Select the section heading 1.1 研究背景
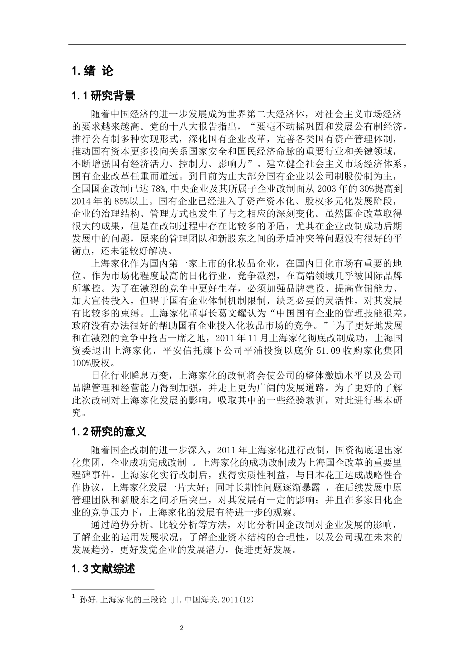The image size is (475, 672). (x=104, y=96)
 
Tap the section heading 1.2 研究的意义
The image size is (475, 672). (x=109, y=431)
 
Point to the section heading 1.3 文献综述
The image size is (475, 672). (x=104, y=569)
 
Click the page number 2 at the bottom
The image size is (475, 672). (x=238, y=628)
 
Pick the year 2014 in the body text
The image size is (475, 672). (x=84, y=202)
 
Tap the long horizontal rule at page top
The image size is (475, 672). (x=237, y=45)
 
